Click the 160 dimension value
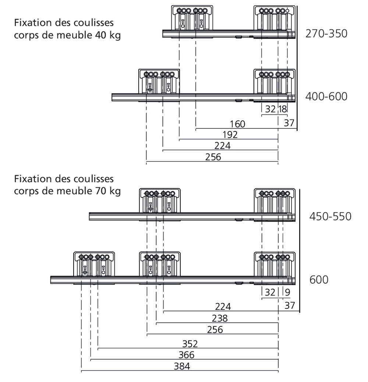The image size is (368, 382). click(238, 124)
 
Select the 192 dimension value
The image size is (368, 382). click(230, 135)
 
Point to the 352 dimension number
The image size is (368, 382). click(190, 344)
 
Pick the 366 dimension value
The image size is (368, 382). click(186, 355)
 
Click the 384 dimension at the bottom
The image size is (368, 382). click(182, 367)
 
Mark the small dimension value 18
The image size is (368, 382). click(283, 110)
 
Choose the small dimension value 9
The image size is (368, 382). click(287, 293)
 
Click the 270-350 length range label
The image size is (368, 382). click(326, 34)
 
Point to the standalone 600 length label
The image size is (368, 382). click(319, 280)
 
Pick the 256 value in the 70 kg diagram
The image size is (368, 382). click(215, 329)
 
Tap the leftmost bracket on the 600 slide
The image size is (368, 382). click(94, 264)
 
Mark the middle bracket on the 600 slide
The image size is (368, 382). click(160, 264)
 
